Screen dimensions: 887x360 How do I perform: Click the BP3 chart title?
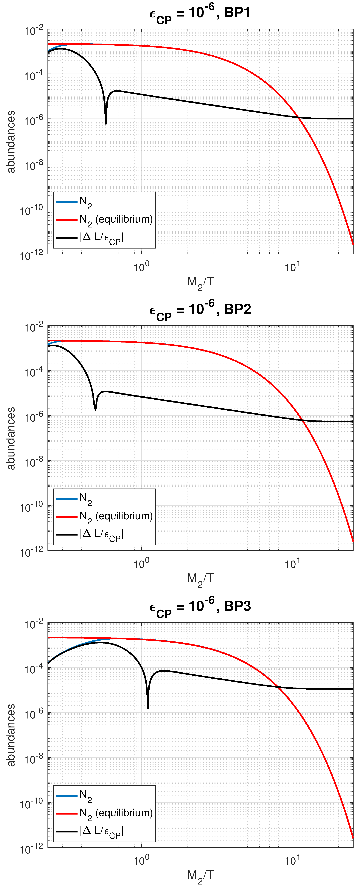point(200,607)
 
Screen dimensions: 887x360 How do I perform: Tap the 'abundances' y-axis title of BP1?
point(11,141)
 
